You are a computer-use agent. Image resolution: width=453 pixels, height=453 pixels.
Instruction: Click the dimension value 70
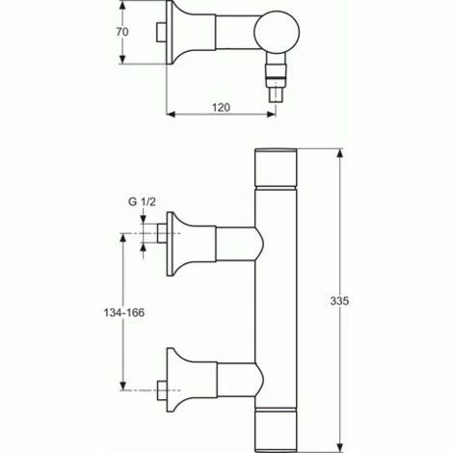122,32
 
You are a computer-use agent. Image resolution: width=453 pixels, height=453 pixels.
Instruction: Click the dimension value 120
221,107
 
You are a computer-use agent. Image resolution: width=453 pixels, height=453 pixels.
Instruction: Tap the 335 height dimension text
339,301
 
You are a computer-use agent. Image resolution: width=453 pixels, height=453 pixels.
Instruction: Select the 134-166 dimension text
124,312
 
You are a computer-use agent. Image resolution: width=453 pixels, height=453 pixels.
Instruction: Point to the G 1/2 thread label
142,201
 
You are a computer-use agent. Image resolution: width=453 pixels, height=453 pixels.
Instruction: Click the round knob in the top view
277,32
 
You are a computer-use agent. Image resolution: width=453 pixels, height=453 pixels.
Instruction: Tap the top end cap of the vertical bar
276,167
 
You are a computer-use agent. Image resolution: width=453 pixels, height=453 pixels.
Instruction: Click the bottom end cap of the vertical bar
276,430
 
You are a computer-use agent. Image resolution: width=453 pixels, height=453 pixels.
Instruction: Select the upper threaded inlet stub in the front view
162,233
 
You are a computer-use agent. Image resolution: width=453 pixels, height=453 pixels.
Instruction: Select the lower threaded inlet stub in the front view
162,390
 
